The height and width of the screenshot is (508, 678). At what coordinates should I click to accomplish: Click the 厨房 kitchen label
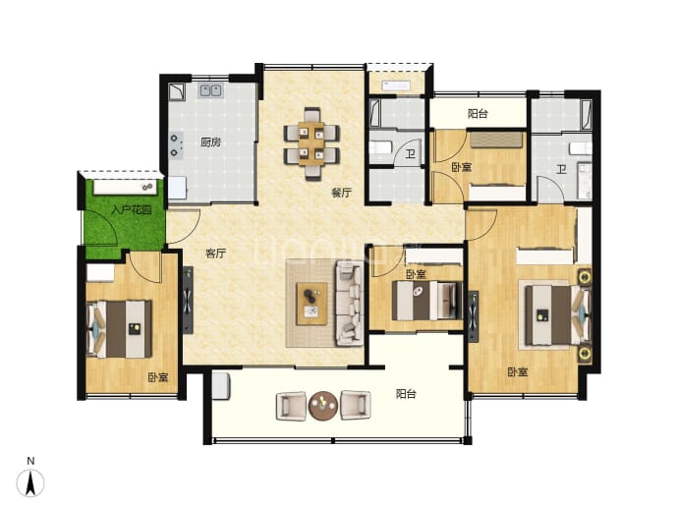click(211, 141)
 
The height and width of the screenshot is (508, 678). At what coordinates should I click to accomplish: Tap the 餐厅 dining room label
click(342, 193)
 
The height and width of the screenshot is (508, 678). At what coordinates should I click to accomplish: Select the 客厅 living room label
click(215, 253)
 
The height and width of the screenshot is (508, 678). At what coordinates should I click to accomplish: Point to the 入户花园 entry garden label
click(132, 210)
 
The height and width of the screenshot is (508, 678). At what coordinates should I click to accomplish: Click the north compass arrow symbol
click(30, 482)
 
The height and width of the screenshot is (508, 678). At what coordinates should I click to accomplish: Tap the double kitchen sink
click(210, 90)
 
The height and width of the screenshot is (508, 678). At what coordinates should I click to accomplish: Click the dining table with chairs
click(311, 143)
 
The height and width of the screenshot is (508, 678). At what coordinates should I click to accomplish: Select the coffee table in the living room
click(311, 304)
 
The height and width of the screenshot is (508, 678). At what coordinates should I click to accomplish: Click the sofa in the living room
click(350, 304)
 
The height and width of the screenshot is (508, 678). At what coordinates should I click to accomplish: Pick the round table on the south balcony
click(323, 405)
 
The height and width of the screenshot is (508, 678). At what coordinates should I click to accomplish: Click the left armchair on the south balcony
click(291, 406)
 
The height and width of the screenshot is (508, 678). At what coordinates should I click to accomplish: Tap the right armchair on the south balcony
click(356, 406)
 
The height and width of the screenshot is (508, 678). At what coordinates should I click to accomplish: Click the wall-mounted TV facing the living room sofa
click(188, 300)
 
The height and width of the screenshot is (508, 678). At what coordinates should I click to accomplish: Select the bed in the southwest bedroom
click(119, 329)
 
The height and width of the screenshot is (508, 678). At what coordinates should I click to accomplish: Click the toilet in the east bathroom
click(581, 148)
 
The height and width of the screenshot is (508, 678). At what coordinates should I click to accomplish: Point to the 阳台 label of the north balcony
click(478, 114)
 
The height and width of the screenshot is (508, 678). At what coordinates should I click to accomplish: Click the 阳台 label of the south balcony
click(406, 394)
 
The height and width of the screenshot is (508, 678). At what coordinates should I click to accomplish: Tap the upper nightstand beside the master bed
click(585, 277)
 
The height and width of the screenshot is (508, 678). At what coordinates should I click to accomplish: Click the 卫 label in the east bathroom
click(561, 169)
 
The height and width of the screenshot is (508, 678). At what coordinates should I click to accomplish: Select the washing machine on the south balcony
click(220, 385)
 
